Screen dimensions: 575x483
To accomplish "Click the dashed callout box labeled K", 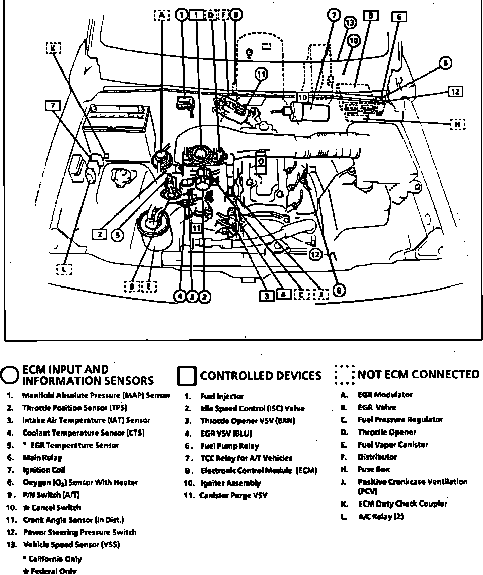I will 53,48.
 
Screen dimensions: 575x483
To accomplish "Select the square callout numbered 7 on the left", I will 52,105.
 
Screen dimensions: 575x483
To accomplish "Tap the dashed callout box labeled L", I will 64,269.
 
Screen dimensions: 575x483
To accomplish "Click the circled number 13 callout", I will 350,23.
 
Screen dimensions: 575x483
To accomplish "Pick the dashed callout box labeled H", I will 457,124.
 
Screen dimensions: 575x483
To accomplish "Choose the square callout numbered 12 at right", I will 455,91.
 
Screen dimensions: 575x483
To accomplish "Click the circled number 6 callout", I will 445,63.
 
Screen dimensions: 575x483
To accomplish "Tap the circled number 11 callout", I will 261,75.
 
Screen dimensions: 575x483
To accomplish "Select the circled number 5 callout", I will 117,234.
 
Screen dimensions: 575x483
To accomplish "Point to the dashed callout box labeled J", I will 320,295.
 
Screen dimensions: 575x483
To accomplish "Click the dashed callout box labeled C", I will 301,295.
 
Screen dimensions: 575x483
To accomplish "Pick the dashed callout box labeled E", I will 150,286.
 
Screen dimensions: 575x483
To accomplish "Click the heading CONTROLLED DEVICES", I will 260,376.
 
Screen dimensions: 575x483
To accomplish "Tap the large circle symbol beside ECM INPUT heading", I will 10,375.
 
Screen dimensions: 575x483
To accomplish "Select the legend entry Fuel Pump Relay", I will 229,446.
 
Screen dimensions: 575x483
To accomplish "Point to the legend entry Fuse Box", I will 374,470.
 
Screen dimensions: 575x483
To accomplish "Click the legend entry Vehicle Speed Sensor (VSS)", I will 71,545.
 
